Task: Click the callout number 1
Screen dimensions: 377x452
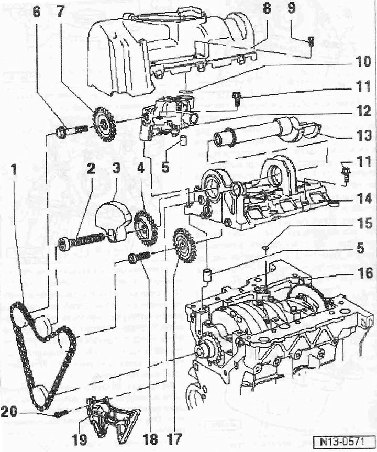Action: click(13, 171)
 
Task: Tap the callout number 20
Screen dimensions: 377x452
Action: click(10, 412)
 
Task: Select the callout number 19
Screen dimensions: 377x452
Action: click(79, 439)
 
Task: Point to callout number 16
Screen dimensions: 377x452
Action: click(364, 273)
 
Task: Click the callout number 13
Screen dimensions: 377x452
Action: click(364, 135)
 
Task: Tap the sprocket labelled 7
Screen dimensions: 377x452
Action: click(104, 125)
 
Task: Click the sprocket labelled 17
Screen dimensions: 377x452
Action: click(184, 245)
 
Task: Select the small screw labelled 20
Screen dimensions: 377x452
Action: click(61, 414)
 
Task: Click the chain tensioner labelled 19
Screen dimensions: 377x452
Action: click(113, 418)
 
